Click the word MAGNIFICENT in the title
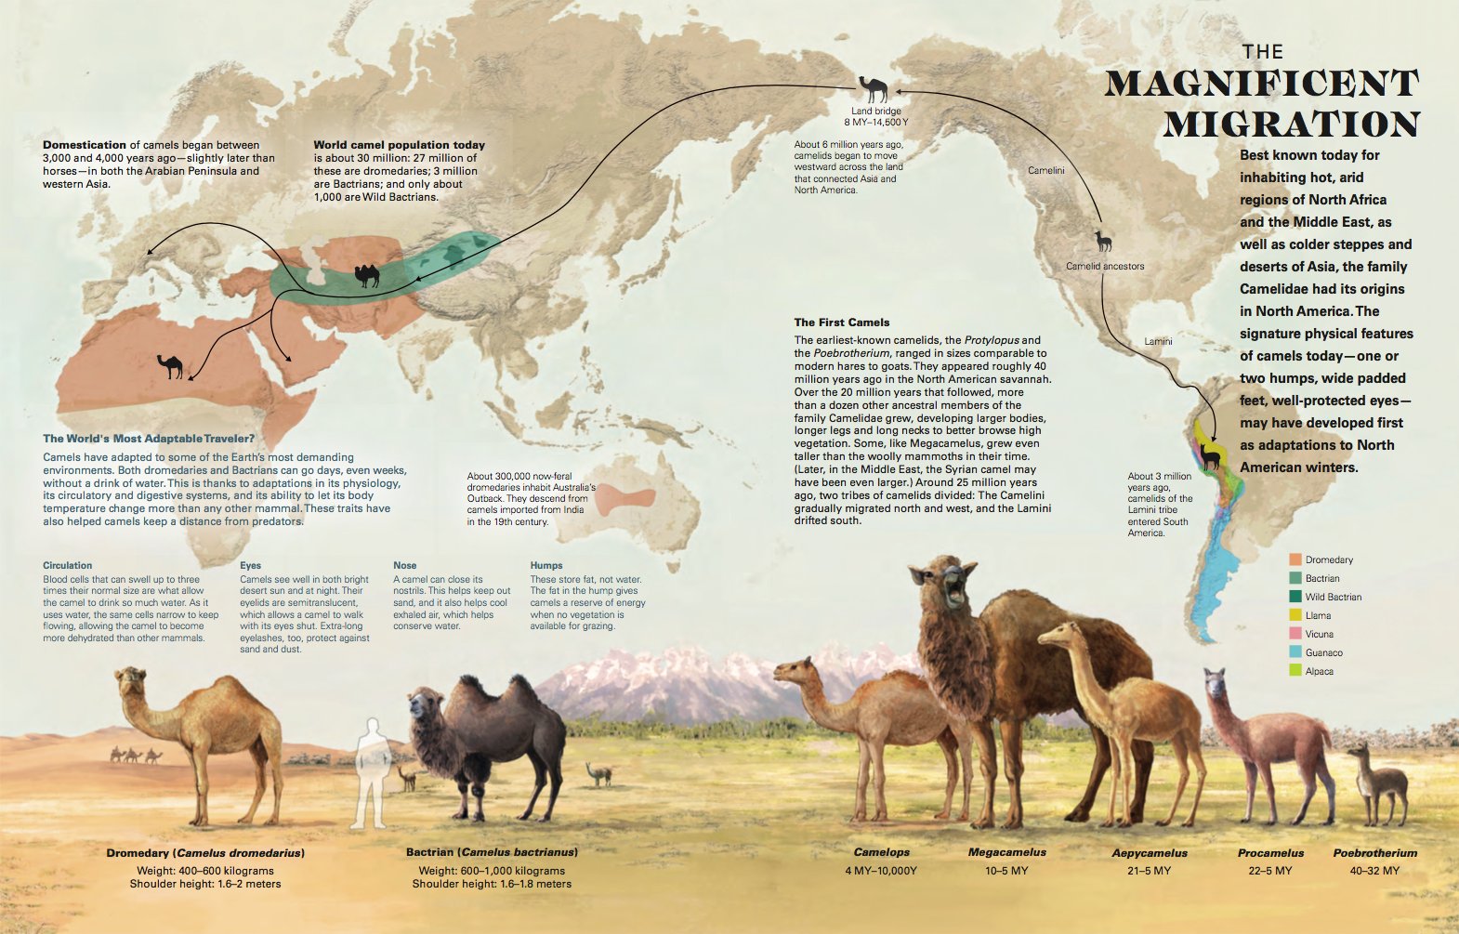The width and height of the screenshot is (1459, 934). click(x=1261, y=84)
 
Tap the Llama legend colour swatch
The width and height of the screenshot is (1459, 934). click(x=1295, y=615)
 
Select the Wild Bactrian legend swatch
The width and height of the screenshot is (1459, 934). click(x=1295, y=597)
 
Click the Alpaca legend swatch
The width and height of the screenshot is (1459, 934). click(x=1295, y=671)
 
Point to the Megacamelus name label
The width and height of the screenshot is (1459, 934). click(x=1006, y=852)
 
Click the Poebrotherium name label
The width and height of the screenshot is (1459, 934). click(x=1374, y=853)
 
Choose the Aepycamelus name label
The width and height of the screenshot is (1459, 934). click(x=1150, y=853)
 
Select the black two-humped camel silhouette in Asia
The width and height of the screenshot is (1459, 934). click(x=367, y=275)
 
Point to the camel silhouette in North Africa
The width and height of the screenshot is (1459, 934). click(x=171, y=366)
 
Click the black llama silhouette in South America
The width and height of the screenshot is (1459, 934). click(x=1210, y=455)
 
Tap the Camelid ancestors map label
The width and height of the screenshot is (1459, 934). click(x=1105, y=266)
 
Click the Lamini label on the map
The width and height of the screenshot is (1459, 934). click(x=1158, y=341)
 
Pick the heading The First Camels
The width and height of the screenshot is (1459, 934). click(x=841, y=322)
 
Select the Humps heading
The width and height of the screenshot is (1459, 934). click(x=546, y=565)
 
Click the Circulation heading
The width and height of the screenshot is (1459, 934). click(x=67, y=565)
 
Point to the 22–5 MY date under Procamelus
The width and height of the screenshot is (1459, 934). click(x=1270, y=871)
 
